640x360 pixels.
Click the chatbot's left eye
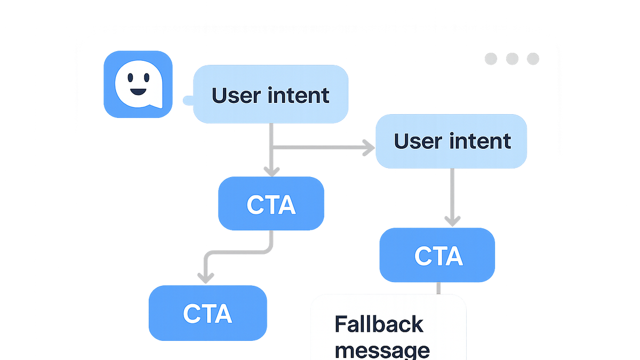[130, 77]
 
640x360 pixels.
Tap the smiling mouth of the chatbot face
[138, 92]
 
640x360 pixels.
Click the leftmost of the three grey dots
[491, 59]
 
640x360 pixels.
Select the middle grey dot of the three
[512, 59]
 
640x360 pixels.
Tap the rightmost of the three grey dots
[533, 59]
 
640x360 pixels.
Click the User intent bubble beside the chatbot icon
[270, 94]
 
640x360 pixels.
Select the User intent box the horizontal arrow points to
[451, 141]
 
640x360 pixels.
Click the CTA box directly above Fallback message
[437, 255]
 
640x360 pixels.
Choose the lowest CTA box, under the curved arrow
[207, 313]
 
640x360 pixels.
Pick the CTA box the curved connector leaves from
[271, 203]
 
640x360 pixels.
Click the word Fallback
[379, 324]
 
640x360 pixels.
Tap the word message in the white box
[382, 350]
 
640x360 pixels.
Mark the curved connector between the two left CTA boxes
[238, 252]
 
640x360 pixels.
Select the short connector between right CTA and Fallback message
[438, 289]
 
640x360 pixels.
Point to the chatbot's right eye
[147, 77]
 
